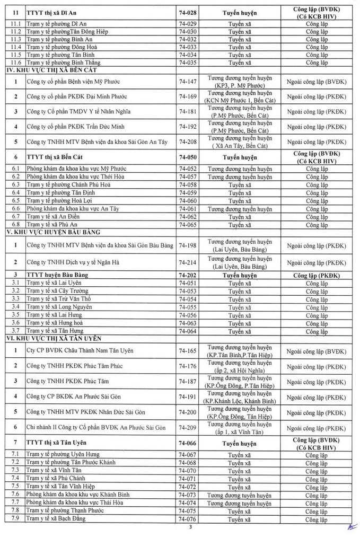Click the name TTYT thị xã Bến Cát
(60, 157)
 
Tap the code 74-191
(188, 396)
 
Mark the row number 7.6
(15, 495)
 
